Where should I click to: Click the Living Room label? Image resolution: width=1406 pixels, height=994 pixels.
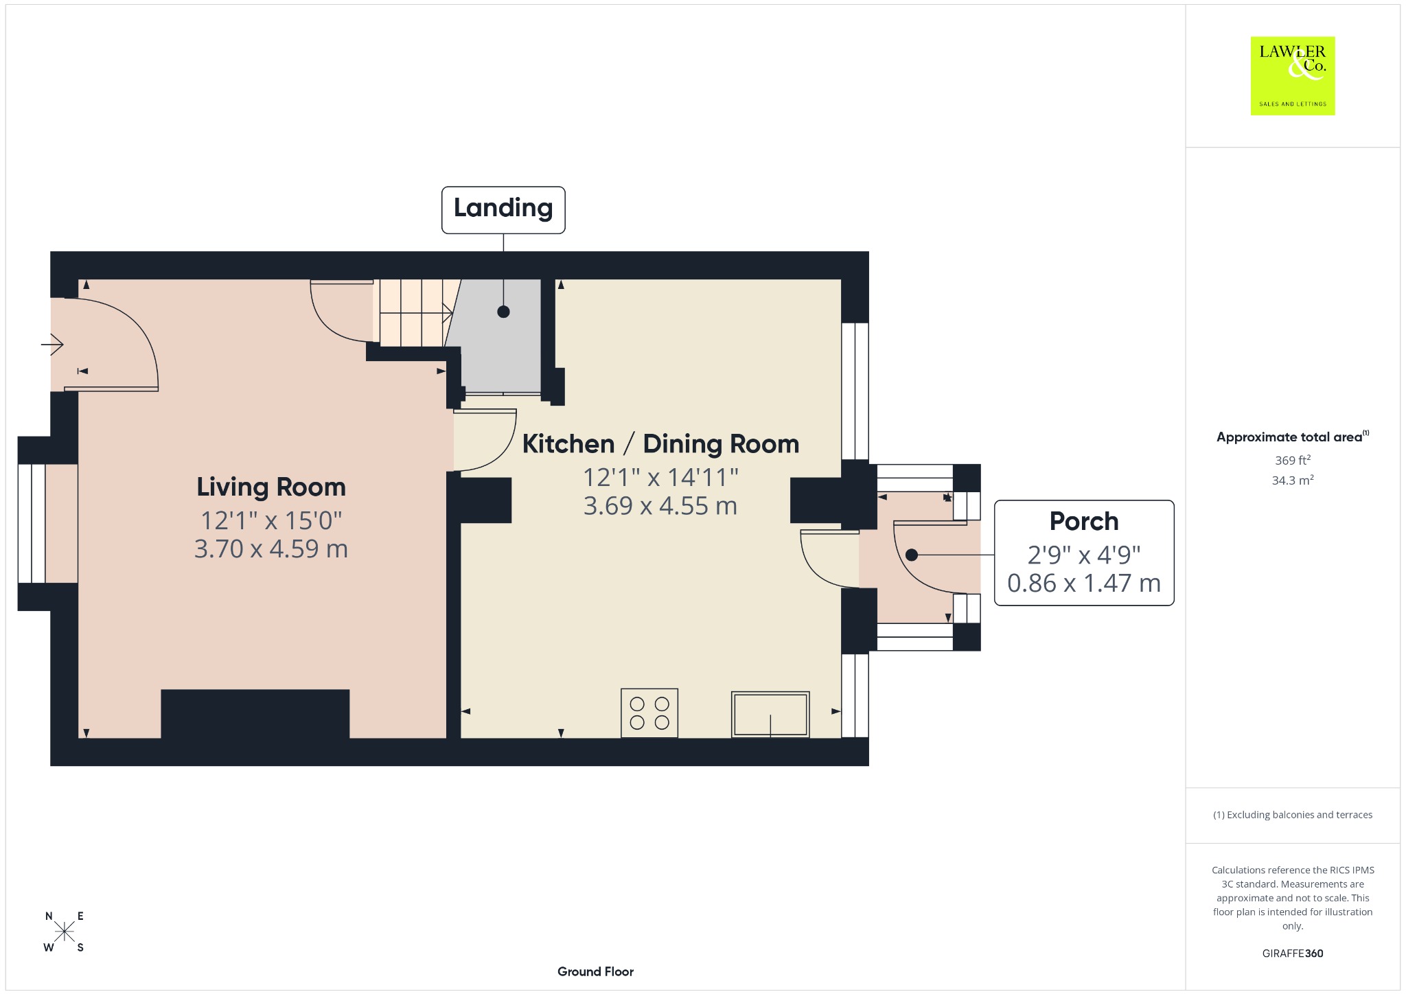coord(271,487)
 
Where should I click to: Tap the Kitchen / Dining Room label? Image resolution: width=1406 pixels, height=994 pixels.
coord(660,443)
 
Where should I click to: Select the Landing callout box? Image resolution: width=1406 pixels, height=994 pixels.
coord(503,210)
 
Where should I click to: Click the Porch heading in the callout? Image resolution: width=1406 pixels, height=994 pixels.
coord(1084,522)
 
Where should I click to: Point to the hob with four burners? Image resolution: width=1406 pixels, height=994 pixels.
coord(649,713)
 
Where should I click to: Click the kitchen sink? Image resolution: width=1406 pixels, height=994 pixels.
coord(770,715)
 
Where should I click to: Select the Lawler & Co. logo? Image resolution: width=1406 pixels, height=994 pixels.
coord(1293,76)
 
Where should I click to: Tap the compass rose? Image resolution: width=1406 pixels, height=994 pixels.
coord(65,932)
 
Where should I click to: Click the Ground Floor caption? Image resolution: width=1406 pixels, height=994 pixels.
coord(595,971)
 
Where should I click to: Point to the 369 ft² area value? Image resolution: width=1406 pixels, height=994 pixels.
coord(1293,460)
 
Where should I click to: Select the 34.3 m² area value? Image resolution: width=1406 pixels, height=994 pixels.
coord(1293,480)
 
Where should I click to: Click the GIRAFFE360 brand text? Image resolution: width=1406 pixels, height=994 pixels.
coord(1293,953)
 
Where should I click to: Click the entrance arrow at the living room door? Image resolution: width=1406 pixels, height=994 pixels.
coord(52,343)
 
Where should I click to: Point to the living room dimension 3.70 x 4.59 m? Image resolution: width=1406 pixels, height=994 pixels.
coord(271,549)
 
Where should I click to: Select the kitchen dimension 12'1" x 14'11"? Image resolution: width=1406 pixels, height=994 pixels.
coord(660,477)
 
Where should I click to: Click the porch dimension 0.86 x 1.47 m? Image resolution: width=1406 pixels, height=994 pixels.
coord(1084,583)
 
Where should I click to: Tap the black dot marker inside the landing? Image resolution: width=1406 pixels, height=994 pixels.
coord(503,312)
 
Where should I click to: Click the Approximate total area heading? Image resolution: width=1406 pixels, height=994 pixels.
coord(1293,437)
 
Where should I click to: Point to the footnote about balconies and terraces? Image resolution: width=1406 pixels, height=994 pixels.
coord(1293,815)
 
